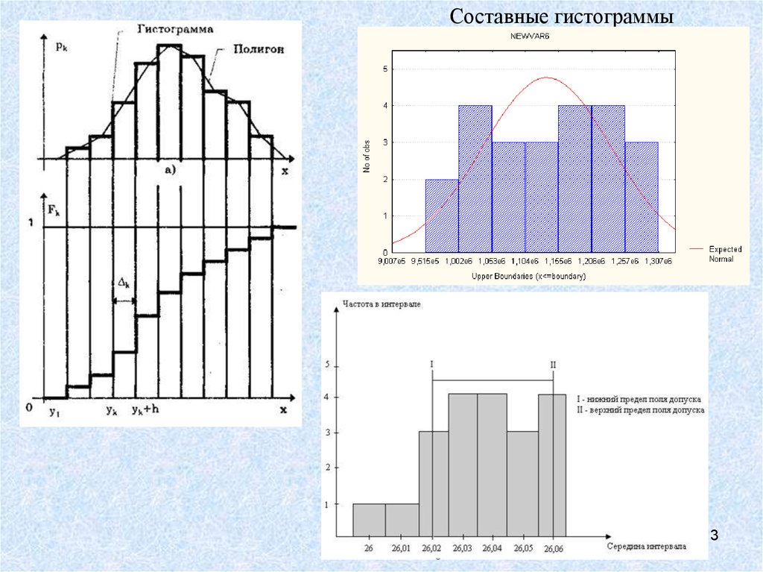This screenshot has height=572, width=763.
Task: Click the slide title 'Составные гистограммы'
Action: pyautogui.click(x=562, y=16)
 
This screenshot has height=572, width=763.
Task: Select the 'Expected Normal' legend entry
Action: pyautogui.click(x=721, y=254)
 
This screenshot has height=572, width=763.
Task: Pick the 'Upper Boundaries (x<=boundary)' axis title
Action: pyautogui.click(x=528, y=277)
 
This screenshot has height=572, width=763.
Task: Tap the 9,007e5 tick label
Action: pyautogui.click(x=393, y=261)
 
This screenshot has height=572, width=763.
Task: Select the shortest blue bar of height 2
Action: pyautogui.click(x=442, y=216)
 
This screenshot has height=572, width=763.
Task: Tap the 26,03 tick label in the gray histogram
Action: pyautogui.click(x=463, y=549)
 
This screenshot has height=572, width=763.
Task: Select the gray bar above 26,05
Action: pyautogui.click(x=522, y=483)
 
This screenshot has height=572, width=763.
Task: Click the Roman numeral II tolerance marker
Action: pyautogui.click(x=553, y=365)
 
